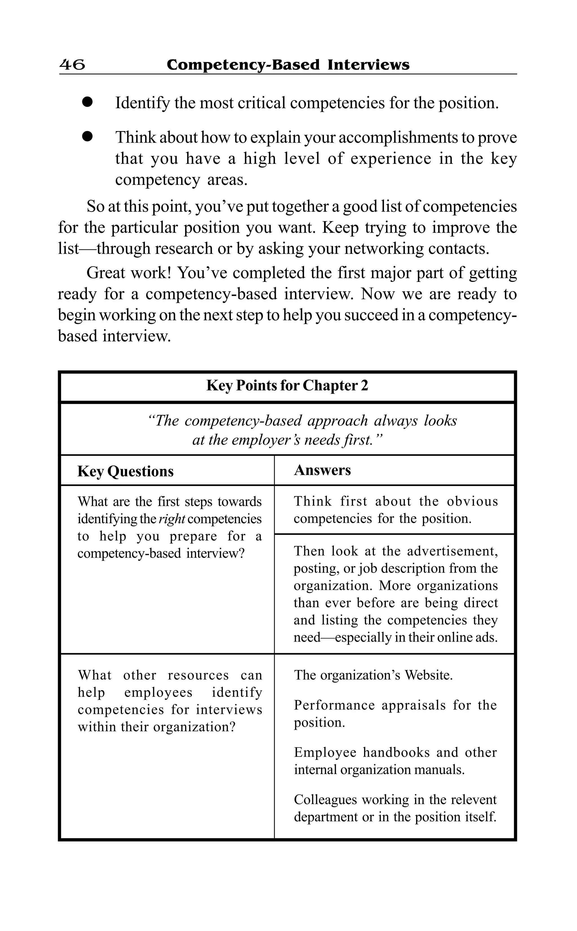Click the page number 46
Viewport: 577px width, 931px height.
pyautogui.click(x=72, y=65)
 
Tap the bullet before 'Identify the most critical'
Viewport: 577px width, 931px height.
pyautogui.click(x=87, y=102)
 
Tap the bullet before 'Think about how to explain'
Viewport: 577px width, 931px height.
pyautogui.click(x=87, y=137)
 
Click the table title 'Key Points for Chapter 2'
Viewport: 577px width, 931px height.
pyautogui.click(x=287, y=385)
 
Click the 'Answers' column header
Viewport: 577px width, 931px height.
pyautogui.click(x=322, y=470)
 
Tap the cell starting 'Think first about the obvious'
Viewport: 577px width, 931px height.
pyautogui.click(x=395, y=510)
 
